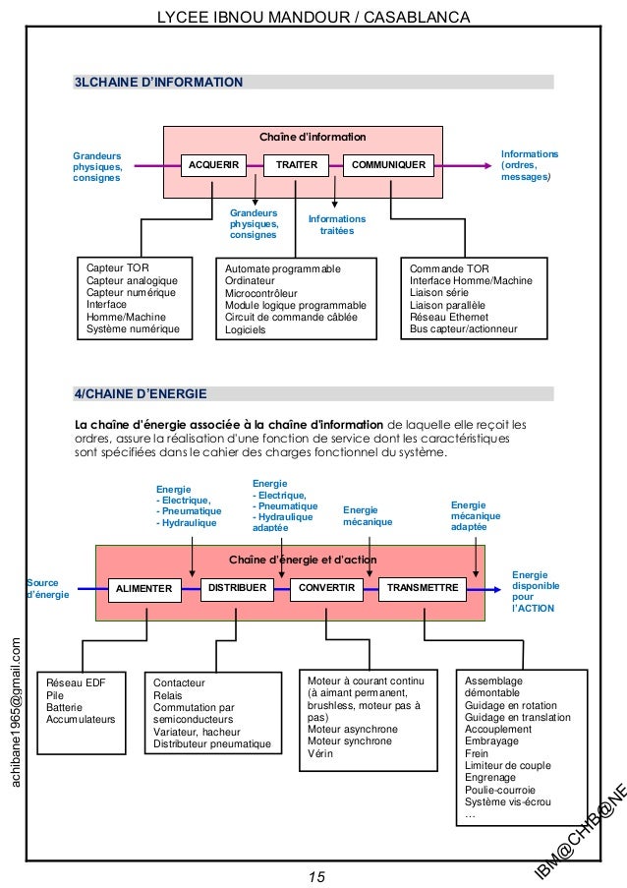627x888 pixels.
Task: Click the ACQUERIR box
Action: tap(214, 165)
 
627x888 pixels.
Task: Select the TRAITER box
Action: tap(296, 165)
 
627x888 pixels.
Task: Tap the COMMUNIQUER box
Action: tap(388, 165)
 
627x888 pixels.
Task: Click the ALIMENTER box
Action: tap(144, 589)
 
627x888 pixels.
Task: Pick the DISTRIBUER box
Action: tap(238, 588)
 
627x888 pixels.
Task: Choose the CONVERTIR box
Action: tap(325, 588)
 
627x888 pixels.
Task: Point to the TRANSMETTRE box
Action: tap(424, 588)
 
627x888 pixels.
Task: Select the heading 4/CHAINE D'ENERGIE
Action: tap(142, 394)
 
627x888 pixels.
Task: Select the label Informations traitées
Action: tap(336, 225)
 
